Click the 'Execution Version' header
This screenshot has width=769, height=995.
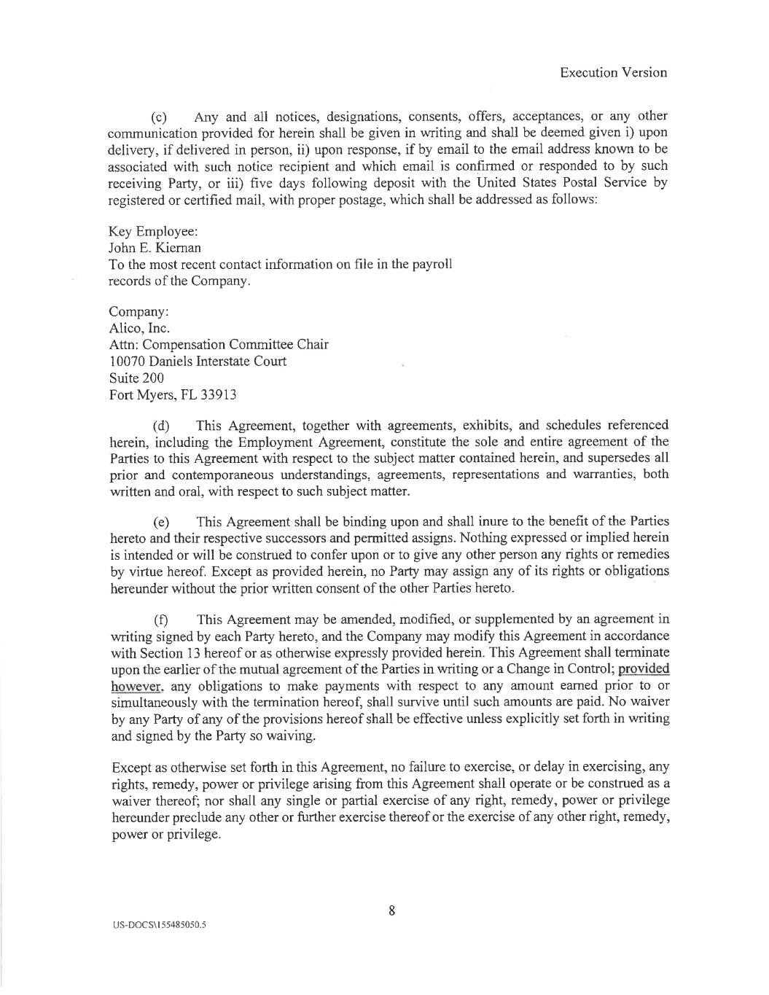(614, 72)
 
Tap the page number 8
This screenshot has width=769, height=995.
(391, 910)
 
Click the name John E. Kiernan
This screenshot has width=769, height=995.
(155, 248)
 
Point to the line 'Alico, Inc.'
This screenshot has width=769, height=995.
(139, 328)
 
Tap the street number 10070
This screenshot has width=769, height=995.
(128, 362)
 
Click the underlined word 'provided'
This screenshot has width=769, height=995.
(644, 669)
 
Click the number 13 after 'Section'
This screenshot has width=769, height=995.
(182, 652)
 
